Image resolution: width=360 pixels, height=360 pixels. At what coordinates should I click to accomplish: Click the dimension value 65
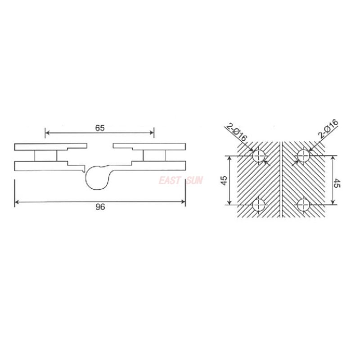click(x=100, y=128)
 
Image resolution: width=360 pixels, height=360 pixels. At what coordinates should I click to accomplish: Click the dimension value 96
click(x=100, y=207)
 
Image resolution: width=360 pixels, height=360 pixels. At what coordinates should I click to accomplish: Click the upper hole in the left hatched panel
click(x=259, y=156)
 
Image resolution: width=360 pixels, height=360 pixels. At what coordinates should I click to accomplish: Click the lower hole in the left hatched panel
click(x=259, y=205)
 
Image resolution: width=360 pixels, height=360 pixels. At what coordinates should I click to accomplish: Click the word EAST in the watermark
click(x=169, y=181)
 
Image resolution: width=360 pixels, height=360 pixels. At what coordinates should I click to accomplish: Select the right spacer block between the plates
click(x=154, y=155)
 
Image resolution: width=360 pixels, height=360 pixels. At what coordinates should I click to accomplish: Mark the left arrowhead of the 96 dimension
click(x=17, y=202)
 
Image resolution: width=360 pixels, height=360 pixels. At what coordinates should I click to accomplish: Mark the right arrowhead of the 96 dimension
click(x=183, y=202)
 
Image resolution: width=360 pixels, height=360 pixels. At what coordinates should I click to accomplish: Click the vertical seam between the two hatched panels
click(x=281, y=180)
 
